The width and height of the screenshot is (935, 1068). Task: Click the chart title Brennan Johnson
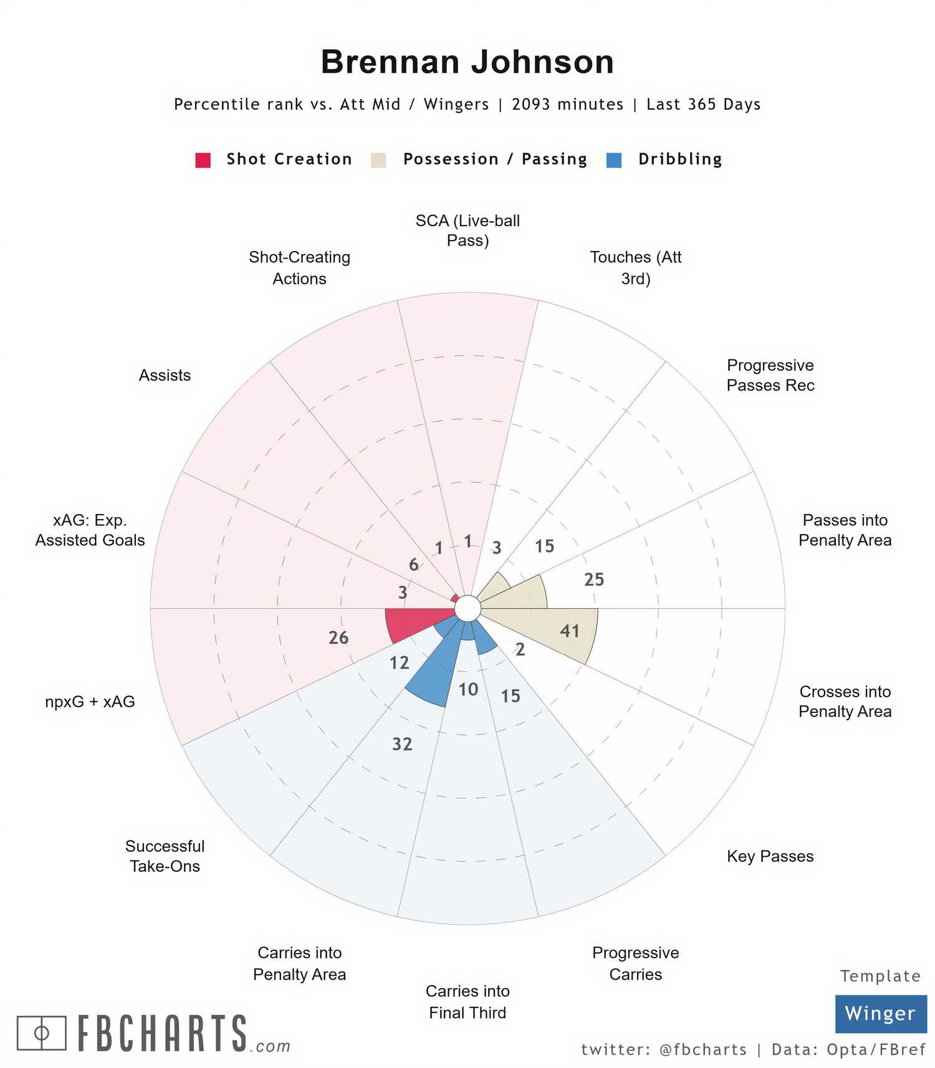(x=467, y=62)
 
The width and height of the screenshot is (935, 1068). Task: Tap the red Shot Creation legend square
(x=203, y=160)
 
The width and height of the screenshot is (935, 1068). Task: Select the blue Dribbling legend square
(x=614, y=160)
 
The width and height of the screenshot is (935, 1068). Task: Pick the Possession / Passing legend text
(x=495, y=160)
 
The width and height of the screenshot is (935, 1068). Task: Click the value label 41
(x=570, y=631)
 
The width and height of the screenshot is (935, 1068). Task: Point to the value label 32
(x=402, y=744)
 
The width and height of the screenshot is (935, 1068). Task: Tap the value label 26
(x=338, y=637)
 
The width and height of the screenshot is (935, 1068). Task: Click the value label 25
(x=594, y=579)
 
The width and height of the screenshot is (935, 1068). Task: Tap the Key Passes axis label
(x=770, y=856)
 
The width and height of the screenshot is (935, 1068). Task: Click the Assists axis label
(x=165, y=375)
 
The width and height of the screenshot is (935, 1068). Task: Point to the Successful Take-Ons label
(x=165, y=856)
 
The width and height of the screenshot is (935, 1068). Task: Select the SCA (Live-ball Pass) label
(x=467, y=230)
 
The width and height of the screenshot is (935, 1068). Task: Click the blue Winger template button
(x=880, y=1014)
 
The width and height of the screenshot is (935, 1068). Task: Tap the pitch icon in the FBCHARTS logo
(x=41, y=1033)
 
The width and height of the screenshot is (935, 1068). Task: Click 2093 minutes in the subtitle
(x=567, y=104)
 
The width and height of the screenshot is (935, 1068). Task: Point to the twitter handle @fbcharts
(x=702, y=1050)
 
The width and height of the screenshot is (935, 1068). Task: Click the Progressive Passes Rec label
(x=770, y=375)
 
